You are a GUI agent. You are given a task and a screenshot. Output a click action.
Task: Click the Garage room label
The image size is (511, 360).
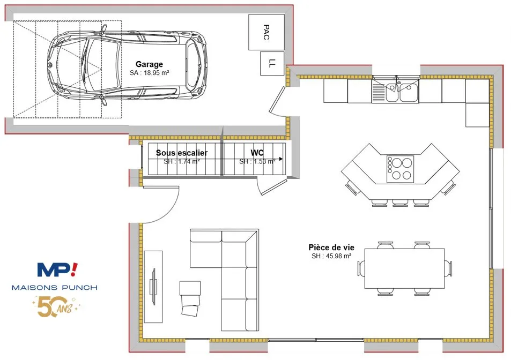(149, 64)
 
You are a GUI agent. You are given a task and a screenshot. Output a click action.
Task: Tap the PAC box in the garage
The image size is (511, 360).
(266, 32)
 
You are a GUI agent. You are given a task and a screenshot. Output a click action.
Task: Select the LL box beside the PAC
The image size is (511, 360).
(272, 63)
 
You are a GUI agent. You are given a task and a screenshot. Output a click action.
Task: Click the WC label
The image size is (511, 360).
(257, 153)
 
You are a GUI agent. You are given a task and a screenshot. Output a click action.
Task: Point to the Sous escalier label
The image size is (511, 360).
(182, 153)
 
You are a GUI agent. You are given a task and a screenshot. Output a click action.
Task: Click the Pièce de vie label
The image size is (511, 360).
(331, 247)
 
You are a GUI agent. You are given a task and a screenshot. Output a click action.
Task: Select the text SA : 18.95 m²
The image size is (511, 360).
(149, 73)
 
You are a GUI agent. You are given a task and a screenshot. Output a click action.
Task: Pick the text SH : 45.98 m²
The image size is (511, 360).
(331, 256)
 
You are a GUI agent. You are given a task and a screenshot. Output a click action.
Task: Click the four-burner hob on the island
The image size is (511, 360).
(400, 169)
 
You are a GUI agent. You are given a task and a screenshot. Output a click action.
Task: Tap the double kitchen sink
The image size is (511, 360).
(395, 89)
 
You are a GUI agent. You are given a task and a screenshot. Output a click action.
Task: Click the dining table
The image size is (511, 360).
(404, 268)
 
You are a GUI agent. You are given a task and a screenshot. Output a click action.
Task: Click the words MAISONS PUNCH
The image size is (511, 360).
(54, 288)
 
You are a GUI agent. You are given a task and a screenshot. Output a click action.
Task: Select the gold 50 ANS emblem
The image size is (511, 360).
(55, 306)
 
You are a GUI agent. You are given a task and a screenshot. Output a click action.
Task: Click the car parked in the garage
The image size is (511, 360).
(127, 67)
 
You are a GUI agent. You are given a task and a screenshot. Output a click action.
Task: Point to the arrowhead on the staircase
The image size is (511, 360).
(280, 159)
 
